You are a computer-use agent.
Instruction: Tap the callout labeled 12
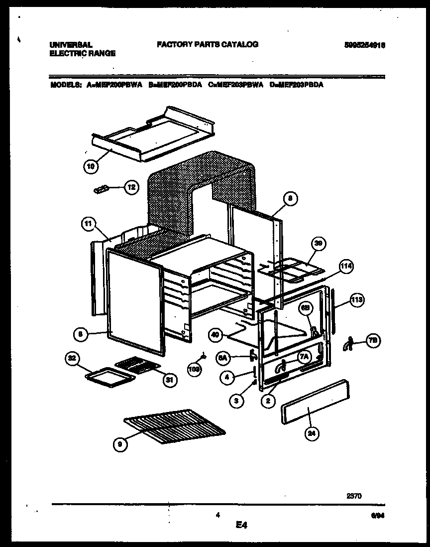[130, 188]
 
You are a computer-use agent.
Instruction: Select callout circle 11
[88, 225]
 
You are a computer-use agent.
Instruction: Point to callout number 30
[318, 244]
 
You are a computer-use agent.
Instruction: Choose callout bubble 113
[356, 300]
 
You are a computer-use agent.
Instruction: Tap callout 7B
[373, 340]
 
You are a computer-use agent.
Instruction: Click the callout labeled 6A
[223, 357]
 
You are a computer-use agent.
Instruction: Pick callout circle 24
[312, 434]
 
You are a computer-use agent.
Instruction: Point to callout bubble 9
[119, 446]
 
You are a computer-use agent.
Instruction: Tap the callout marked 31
[170, 380]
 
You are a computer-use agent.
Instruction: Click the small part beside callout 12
[102, 189]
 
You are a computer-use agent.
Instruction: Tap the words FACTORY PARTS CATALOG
[208, 44]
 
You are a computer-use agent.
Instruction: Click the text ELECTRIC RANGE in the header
[83, 53]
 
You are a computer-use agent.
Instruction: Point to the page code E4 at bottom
[242, 525]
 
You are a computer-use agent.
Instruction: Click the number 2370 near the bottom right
[354, 496]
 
